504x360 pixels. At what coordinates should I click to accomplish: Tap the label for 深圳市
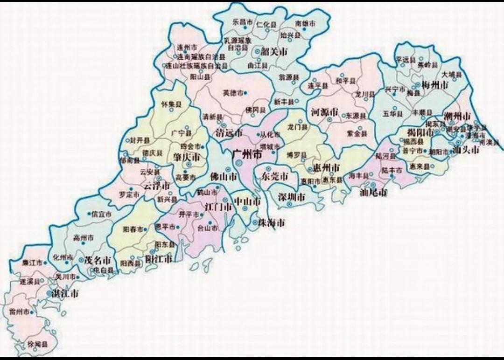292,197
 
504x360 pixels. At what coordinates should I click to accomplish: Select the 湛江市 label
64,294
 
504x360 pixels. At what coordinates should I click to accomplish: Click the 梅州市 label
434,85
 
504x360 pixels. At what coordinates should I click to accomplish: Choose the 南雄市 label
305,23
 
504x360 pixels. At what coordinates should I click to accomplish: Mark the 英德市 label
233,93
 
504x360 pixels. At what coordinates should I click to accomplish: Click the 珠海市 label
271,223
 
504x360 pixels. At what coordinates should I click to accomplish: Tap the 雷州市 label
19,311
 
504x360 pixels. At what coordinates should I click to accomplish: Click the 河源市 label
324,112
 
